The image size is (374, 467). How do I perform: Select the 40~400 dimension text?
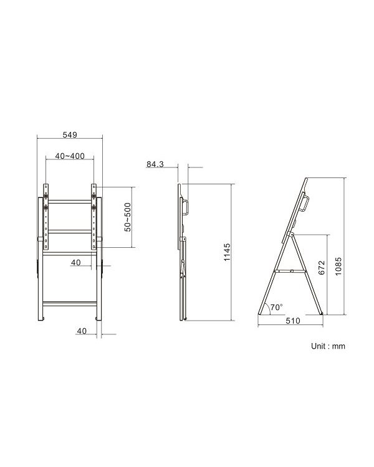click(x=69, y=156)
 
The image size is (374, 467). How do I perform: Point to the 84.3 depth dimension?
click(x=155, y=164)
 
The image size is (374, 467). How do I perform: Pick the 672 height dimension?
click(x=322, y=268)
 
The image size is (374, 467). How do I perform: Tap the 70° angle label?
click(x=276, y=308)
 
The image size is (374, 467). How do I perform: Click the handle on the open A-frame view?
click(x=304, y=204)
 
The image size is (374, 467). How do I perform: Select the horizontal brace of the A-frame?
click(x=291, y=270)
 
